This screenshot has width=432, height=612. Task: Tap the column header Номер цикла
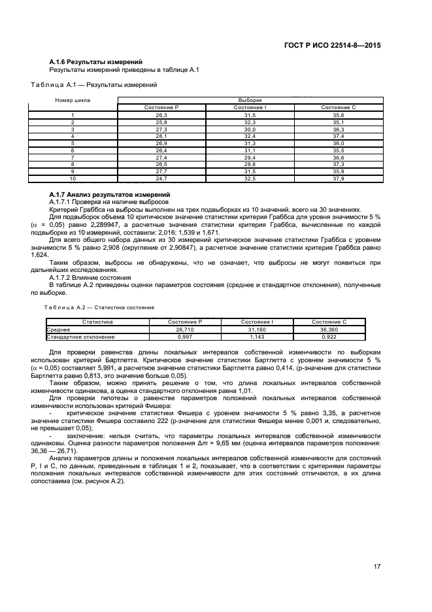coord(73,100)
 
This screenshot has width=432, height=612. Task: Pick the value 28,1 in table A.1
coord(161,135)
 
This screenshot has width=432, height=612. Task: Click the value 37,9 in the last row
coord(338,178)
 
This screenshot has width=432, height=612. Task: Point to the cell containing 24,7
coord(161,178)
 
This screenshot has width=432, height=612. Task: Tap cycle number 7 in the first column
coord(73,157)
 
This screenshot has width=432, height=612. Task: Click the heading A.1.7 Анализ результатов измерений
coord(110,194)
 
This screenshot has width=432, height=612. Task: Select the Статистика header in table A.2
coord(97,322)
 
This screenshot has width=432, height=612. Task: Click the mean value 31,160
coord(257,330)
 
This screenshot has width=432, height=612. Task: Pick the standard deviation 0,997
coord(185,337)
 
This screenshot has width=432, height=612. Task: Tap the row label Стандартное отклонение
coord(80,337)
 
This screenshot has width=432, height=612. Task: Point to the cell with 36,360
coord(329,330)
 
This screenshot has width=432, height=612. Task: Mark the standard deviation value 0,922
coord(329,337)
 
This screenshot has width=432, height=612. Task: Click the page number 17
coord(376,567)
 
